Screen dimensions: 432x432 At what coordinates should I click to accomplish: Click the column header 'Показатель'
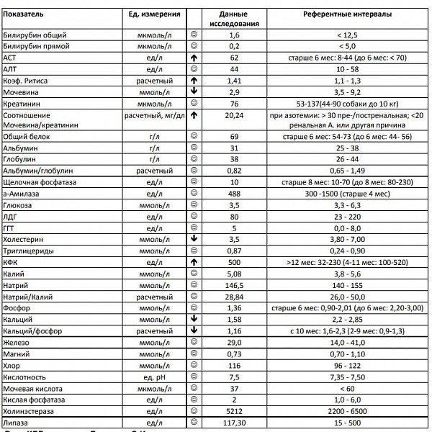coord(24,14)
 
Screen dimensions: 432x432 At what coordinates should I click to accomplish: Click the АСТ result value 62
coord(234,57)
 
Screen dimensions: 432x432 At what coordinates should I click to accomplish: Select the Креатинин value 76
coord(234,103)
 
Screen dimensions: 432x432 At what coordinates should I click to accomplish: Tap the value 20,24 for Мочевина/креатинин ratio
coord(234,114)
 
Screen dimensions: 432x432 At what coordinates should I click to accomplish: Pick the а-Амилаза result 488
coord(234,194)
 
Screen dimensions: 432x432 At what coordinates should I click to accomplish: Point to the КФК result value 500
coord(234,262)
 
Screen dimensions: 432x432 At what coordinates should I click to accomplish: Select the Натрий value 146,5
coord(234,285)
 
